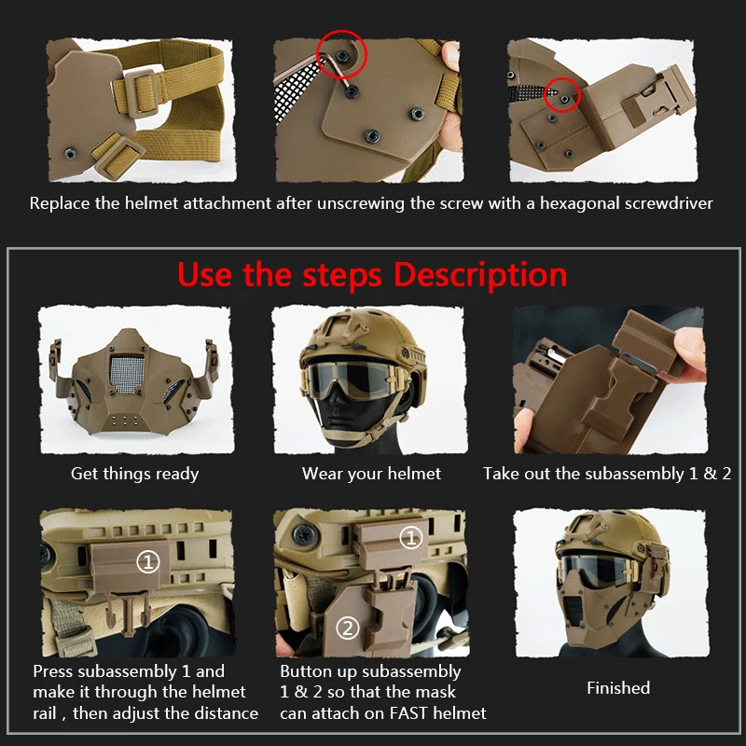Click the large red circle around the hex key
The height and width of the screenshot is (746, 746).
point(342,56)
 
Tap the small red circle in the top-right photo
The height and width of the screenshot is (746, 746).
point(561,94)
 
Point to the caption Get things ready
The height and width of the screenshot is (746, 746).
point(135,474)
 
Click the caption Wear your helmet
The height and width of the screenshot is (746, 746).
point(371,474)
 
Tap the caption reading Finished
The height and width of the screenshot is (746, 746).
point(618,688)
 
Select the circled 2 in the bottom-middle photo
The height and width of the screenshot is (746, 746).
point(347,628)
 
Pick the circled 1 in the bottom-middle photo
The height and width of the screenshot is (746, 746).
point(410,538)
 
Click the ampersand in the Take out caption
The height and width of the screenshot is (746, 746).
point(709,474)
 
